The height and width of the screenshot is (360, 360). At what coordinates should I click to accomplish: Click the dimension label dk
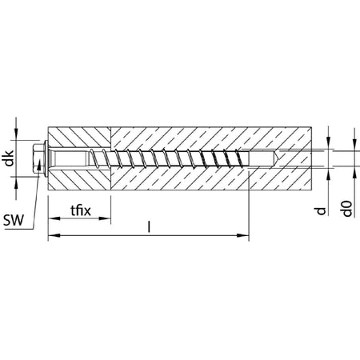coord(10,158)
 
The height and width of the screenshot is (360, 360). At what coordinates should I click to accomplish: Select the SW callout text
coord(14,220)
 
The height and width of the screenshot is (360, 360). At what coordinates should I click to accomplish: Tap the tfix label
coord(81,210)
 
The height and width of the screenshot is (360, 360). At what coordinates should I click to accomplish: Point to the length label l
coord(149,226)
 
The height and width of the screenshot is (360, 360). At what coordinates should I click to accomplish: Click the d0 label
coord(347,209)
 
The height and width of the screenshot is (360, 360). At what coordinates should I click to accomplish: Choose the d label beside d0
coord(321,211)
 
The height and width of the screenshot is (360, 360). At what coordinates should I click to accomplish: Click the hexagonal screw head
coord(38,158)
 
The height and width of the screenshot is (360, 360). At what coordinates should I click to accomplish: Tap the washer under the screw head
coord(46,158)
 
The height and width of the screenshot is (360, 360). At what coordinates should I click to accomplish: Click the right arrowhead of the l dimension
coord(243,235)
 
